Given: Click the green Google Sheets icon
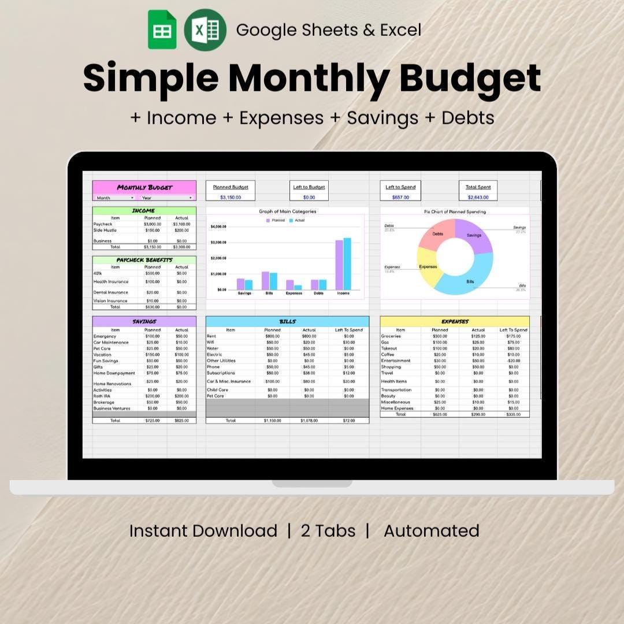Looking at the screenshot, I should click(162, 29).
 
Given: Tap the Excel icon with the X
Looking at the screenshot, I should click(205, 29).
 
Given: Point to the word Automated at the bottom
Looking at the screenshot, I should click(431, 531).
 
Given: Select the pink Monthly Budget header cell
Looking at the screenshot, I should click(144, 187).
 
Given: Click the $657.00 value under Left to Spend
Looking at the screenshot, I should click(400, 198).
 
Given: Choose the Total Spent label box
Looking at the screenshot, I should click(478, 187).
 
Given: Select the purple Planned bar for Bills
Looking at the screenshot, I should click(265, 281).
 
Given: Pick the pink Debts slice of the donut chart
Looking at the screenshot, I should click(437, 232).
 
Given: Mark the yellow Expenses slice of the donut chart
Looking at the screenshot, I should click(427, 267).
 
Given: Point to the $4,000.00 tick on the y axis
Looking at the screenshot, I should click(218, 226).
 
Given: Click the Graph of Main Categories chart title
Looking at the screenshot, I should click(287, 211).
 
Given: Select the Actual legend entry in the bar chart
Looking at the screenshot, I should click(298, 220).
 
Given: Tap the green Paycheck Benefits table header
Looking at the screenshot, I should click(144, 260).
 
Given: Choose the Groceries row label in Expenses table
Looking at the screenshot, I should click(391, 336).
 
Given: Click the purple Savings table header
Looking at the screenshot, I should click(144, 321).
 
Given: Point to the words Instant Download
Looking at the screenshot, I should click(203, 531).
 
